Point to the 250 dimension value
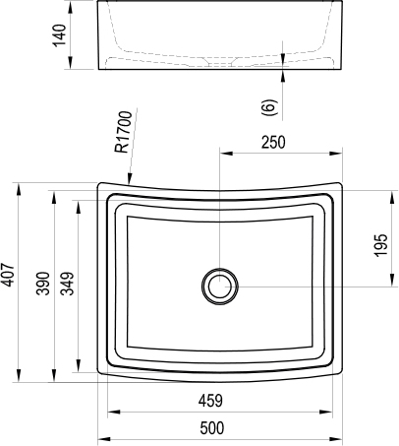(272, 142)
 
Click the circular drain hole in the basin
(218, 287)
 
